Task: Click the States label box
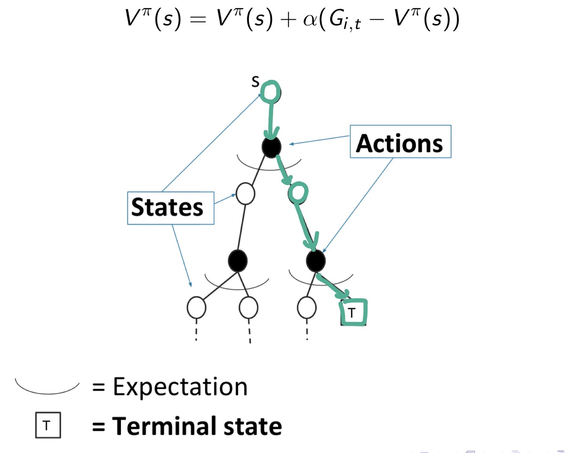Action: [171, 208]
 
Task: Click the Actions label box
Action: [400, 142]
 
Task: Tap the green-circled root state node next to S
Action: [270, 92]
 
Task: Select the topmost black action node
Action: [272, 147]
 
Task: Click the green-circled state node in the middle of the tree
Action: [298, 193]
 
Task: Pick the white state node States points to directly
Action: [246, 194]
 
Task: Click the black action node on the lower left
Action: [238, 261]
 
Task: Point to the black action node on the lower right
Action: [315, 261]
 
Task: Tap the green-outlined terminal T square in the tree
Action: [353, 313]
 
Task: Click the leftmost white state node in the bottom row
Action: [197, 307]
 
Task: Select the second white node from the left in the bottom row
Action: [248, 307]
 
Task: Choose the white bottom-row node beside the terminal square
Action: [307, 307]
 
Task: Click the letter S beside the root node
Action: [255, 82]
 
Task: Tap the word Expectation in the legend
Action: [180, 387]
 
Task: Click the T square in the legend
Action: [48, 425]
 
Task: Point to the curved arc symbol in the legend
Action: [47, 388]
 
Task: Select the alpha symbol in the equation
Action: [310, 20]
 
